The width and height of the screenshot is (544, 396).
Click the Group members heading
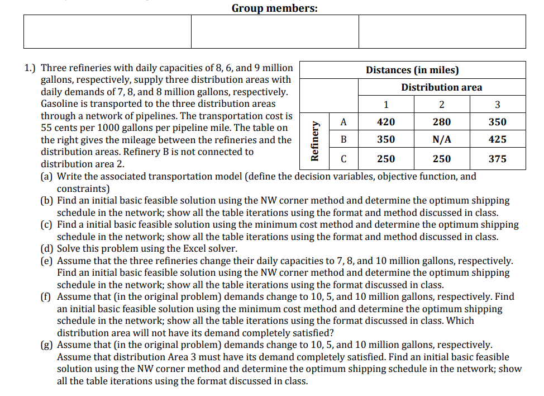click(275, 8)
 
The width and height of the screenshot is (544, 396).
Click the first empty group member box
click(107, 31)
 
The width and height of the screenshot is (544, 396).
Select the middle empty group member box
click(275, 31)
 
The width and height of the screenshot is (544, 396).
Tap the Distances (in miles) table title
click(412, 70)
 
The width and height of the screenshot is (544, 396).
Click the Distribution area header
click(441, 87)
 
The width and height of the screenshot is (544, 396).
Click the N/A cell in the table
click(441, 140)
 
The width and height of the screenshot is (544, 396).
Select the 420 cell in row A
click(385, 122)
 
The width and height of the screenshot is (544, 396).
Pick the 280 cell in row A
click(441, 122)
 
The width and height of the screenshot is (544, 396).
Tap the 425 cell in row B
click(497, 140)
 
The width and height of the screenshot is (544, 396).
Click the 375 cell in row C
click(497, 159)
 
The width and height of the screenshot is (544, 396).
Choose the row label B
click(343, 140)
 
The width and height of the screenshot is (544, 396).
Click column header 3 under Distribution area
click(497, 105)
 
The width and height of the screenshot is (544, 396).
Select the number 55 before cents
click(47, 128)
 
